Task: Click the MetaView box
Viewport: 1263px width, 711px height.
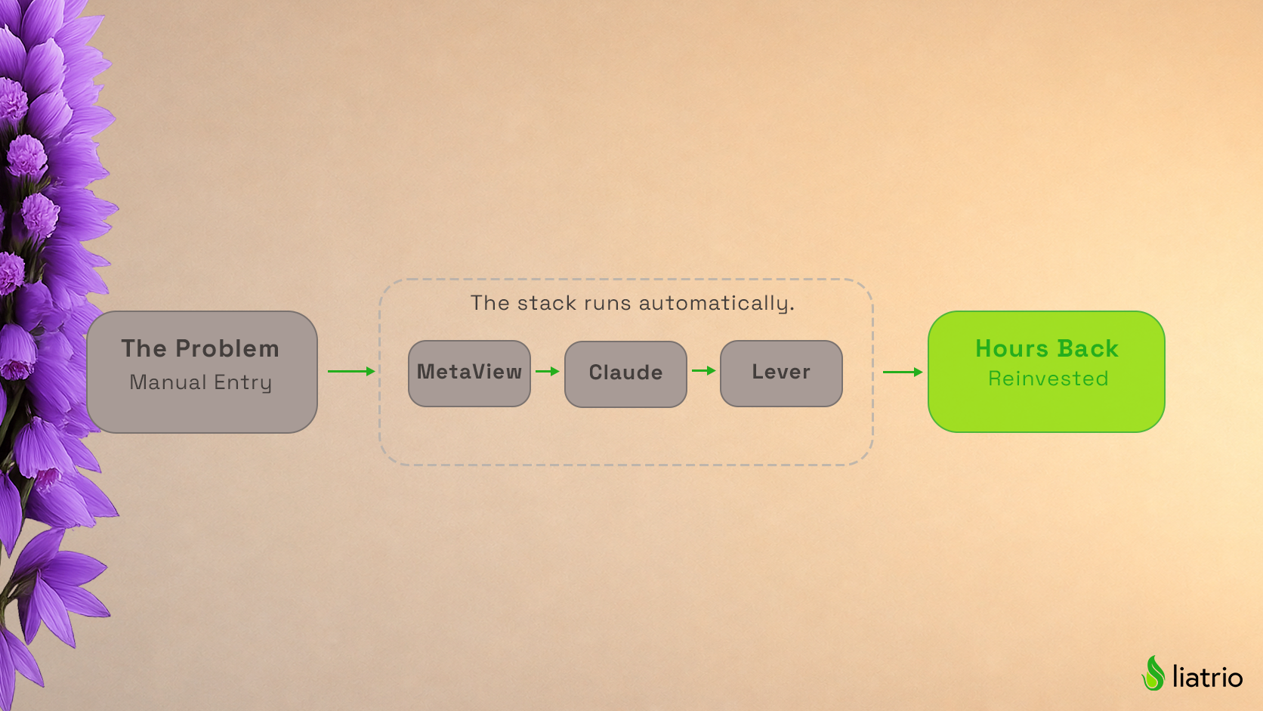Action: coord(469,373)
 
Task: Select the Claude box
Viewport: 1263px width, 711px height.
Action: coord(625,374)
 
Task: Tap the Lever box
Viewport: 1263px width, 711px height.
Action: coord(781,373)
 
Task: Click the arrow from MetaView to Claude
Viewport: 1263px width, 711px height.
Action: coord(548,371)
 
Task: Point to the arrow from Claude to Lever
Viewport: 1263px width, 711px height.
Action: coord(704,370)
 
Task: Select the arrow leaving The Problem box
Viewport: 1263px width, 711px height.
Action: coord(351,371)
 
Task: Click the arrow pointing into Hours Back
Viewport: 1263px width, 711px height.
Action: coord(903,373)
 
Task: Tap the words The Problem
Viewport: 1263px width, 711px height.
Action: coord(200,348)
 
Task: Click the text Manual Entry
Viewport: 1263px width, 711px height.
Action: coord(201,382)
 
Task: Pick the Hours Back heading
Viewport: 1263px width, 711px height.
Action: coord(1047,348)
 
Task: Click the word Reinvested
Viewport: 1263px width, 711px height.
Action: coord(1048,379)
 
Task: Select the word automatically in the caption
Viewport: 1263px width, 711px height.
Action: coord(717,303)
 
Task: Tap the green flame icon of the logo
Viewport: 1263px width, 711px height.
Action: coord(1153,673)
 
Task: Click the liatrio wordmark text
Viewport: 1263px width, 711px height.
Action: coord(1207,676)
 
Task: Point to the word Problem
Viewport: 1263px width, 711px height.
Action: coord(227,348)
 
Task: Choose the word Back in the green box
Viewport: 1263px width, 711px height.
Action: coord(1088,348)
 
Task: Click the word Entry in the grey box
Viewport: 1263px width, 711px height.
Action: coord(243,383)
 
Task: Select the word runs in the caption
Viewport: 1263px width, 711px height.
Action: coord(607,304)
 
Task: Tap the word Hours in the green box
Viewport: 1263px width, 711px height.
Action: coord(1012,348)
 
